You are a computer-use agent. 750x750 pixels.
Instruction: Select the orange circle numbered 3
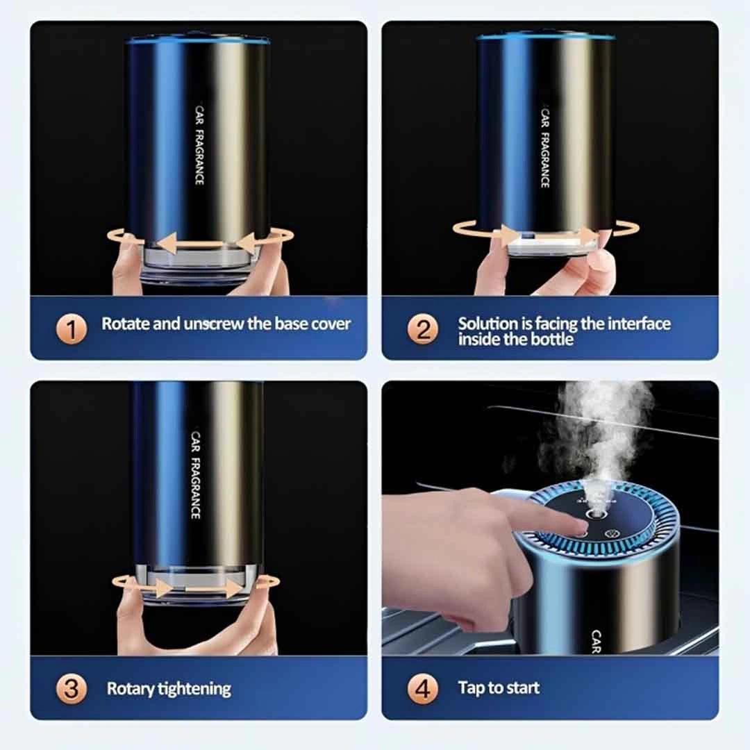[71, 689]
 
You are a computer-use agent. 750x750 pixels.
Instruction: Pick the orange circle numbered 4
[423, 689]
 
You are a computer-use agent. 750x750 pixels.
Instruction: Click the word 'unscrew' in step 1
[213, 324]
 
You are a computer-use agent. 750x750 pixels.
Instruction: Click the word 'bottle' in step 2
[553, 340]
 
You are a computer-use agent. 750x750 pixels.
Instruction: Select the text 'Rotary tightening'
[169, 689]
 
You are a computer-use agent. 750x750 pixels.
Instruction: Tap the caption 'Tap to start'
[499, 688]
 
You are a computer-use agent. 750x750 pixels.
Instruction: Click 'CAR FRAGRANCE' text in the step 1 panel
[199, 147]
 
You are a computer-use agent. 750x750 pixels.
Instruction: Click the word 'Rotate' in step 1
[126, 324]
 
